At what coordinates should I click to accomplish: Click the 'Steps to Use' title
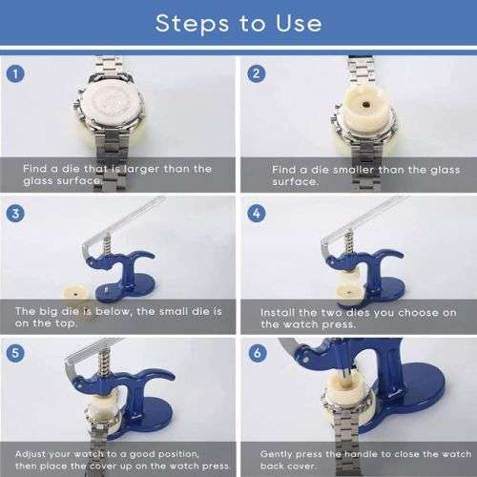(238, 22)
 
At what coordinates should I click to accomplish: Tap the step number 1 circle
(15, 73)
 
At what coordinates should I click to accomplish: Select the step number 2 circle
(256, 73)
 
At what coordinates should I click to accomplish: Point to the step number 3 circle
(15, 214)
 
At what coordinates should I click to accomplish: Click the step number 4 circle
(256, 214)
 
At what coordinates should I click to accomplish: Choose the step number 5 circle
(15, 352)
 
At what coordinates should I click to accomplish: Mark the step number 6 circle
(256, 352)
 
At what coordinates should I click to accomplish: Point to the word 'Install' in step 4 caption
(281, 312)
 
